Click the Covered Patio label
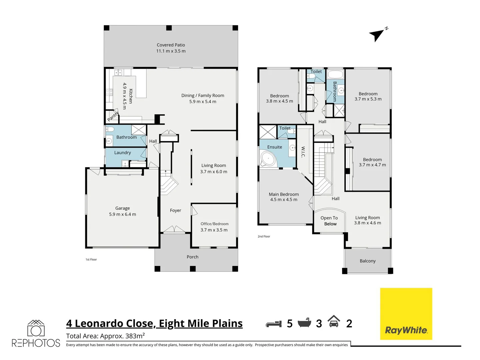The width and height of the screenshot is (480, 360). [171, 45]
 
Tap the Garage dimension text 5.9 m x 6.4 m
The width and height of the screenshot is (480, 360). [122, 214]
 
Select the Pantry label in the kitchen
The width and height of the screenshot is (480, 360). [113, 117]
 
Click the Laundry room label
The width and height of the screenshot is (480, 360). [122, 153]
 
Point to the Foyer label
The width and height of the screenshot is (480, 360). [175, 210]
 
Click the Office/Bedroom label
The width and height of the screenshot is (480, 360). [214, 224]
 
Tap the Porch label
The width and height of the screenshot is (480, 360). [192, 257]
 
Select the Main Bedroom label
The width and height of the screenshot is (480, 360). [284, 194]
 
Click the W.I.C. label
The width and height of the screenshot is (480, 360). [303, 152]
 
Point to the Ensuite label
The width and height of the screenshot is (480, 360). [274, 147]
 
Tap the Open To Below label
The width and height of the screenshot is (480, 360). [329, 221]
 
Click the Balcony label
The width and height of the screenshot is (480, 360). [367, 261]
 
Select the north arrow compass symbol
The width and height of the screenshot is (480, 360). [377, 34]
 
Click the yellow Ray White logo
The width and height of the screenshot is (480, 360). [406, 314]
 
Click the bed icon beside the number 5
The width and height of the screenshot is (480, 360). [274, 324]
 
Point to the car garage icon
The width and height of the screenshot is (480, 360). [334, 322]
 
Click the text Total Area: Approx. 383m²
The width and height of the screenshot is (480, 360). [105, 336]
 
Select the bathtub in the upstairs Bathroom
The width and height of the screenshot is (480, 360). [335, 74]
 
